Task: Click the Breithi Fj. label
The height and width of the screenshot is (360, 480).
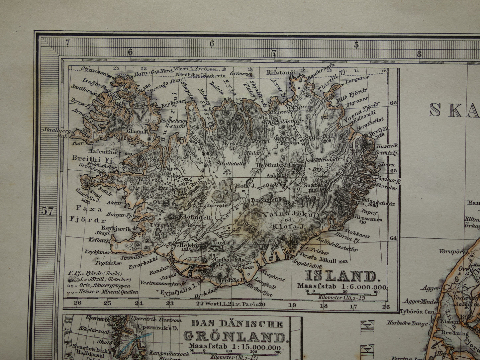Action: pyautogui.click(x=93, y=158)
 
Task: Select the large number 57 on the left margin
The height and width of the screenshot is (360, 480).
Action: pyautogui.click(x=47, y=211)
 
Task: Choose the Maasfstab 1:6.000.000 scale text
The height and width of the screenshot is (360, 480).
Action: pyautogui.click(x=342, y=287)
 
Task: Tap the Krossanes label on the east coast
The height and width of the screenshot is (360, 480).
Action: pyautogui.click(x=368, y=219)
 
